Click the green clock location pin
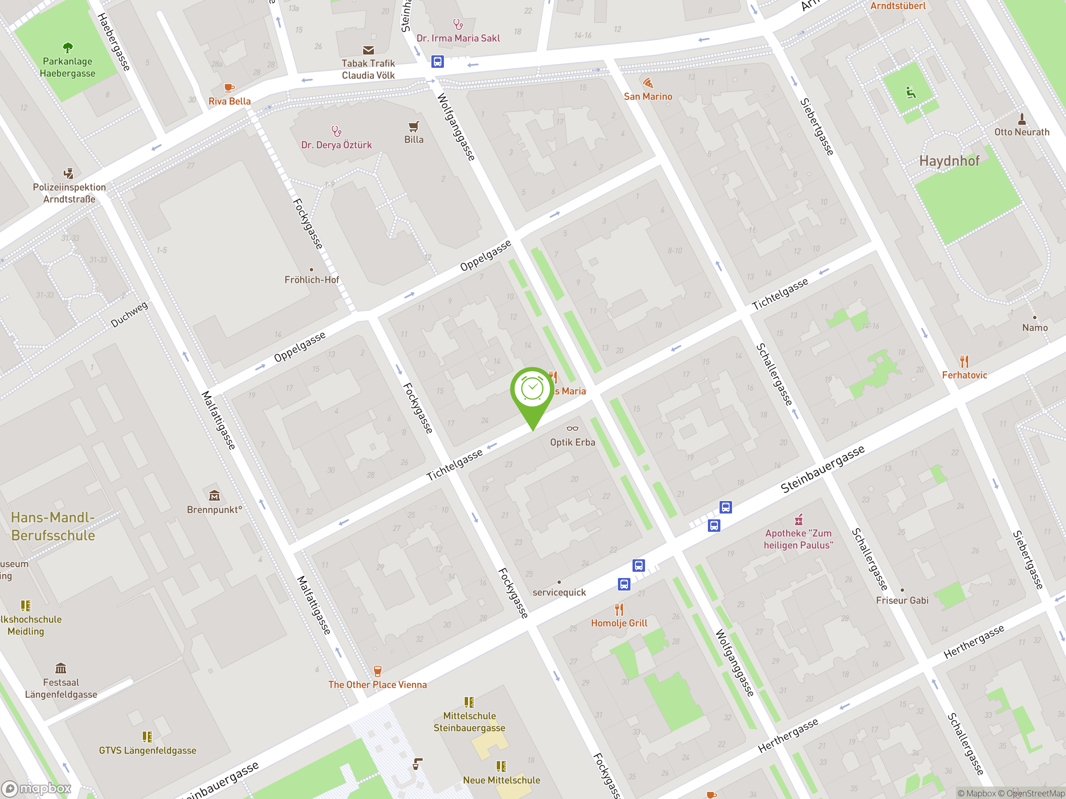point(533,390)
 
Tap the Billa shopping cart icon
point(413,127)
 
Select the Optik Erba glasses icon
point(572,428)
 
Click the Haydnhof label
point(949,161)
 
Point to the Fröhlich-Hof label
point(311,280)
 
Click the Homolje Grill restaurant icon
point(619,610)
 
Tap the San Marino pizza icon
point(648,83)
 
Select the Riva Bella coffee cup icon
point(229,88)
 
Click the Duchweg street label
point(129,315)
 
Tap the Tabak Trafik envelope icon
point(368,50)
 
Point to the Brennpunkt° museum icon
point(214,496)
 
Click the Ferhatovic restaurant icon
point(964,361)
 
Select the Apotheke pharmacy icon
point(799,520)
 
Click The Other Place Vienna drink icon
point(377,671)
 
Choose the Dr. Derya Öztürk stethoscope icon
point(336,131)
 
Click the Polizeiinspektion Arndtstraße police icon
point(69,174)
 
